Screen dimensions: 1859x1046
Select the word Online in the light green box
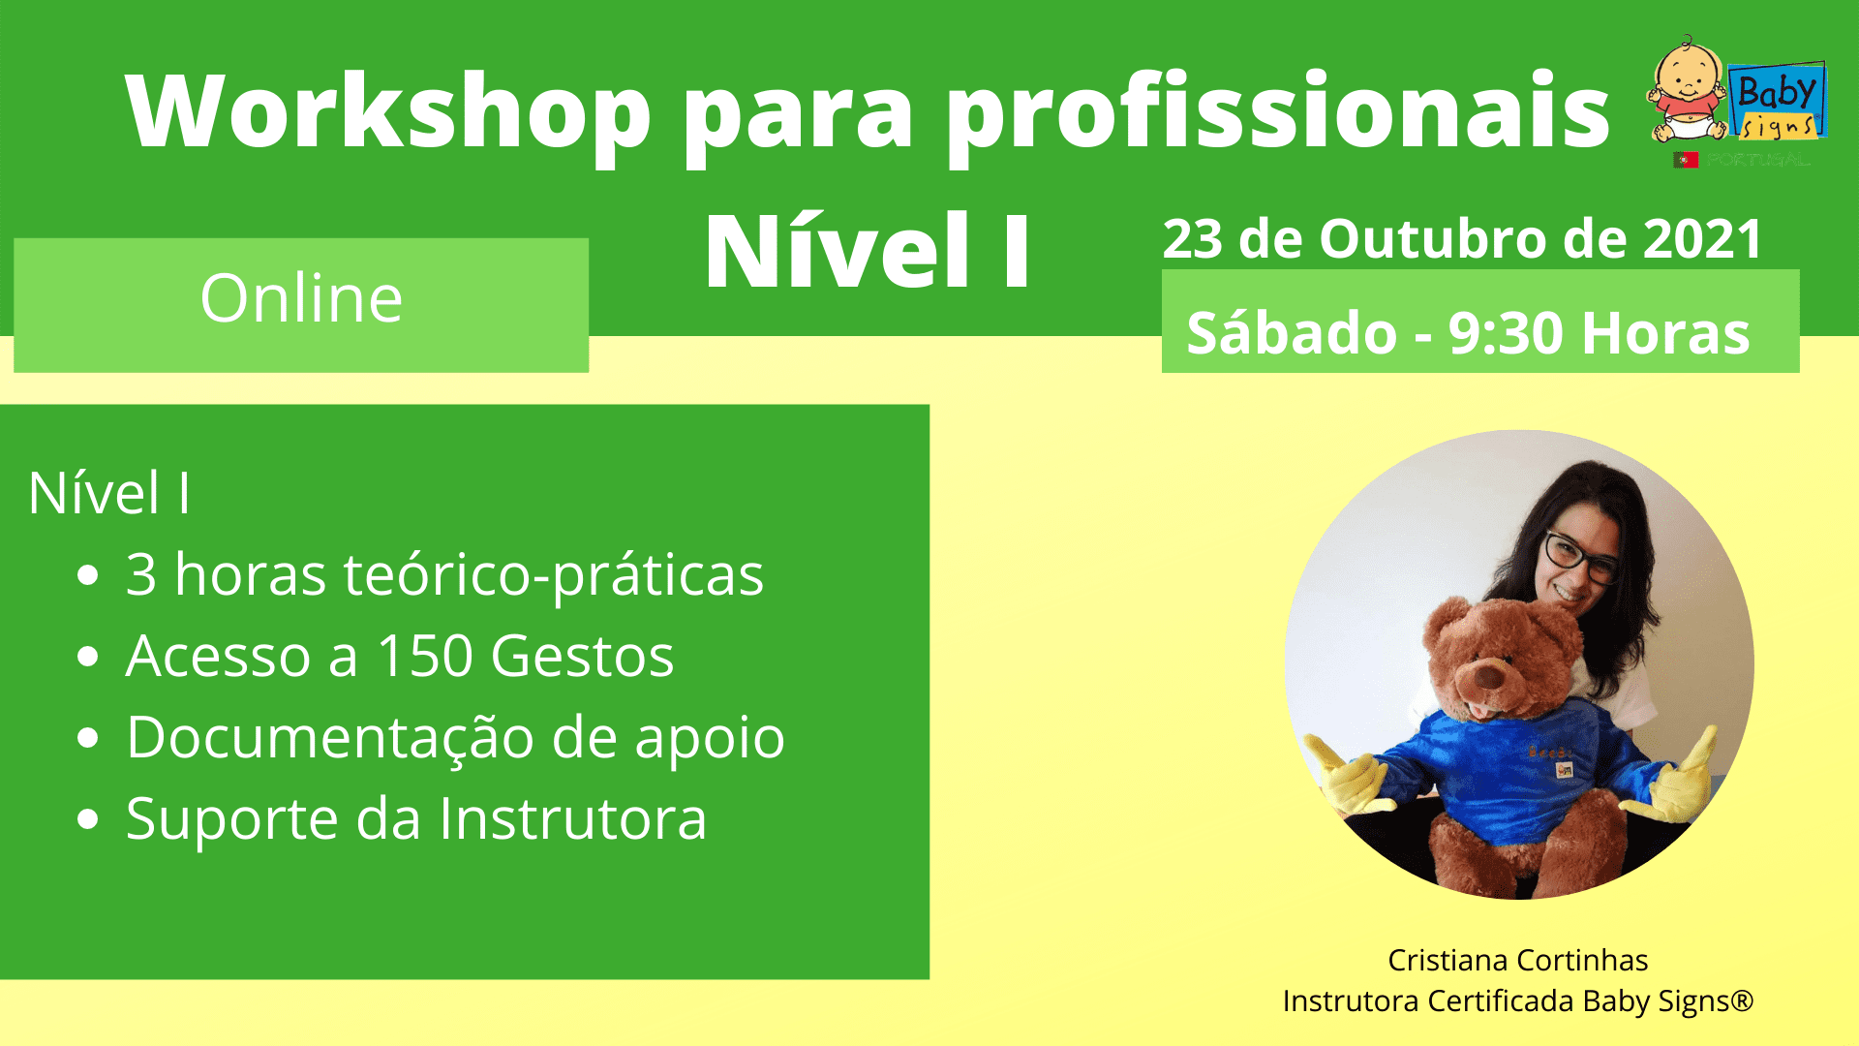(301, 298)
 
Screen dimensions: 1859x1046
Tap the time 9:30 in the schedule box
(1507, 334)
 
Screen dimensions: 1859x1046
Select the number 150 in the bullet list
(424, 657)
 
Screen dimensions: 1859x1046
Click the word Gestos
(582, 657)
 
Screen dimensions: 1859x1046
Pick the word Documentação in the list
(330, 738)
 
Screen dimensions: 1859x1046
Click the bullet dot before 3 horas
(88, 575)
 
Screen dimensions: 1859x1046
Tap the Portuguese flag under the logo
(1686, 160)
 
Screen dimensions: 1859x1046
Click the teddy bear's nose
(1487, 677)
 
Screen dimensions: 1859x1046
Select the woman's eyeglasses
(1580, 557)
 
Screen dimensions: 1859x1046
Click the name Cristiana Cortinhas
(1517, 960)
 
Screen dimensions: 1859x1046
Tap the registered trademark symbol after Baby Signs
(1742, 1000)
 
